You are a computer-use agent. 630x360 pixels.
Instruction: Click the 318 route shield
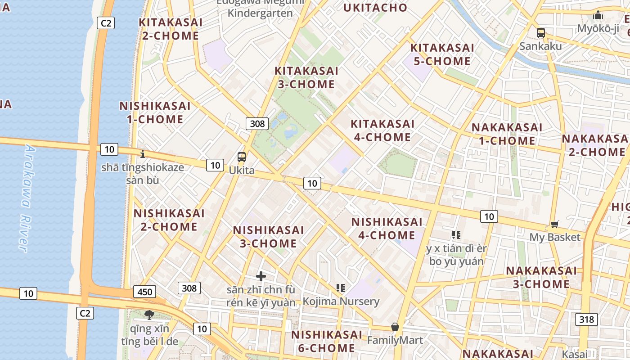[586, 319]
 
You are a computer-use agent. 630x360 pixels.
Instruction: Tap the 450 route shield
[144, 292]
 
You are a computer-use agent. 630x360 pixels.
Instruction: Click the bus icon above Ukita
[242, 157]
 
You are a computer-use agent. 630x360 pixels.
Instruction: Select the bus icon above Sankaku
[541, 32]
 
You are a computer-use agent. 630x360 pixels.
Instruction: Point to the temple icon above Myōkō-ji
[598, 15]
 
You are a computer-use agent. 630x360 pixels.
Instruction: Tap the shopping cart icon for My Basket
[555, 224]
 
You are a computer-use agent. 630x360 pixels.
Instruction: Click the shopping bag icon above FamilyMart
[395, 327]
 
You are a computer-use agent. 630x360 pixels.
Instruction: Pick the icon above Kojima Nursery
[341, 288]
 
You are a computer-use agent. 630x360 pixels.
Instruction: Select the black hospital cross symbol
[261, 276]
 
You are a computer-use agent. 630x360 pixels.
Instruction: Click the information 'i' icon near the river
[143, 154]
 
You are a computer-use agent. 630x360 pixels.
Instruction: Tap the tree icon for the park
[149, 315]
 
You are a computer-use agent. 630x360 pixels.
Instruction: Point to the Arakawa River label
[27, 198]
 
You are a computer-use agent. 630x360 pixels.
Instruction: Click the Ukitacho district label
[375, 8]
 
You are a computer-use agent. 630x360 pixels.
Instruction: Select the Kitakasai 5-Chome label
[442, 54]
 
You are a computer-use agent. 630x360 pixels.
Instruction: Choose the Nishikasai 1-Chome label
[155, 112]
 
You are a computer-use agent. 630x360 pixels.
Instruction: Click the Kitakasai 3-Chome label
[306, 77]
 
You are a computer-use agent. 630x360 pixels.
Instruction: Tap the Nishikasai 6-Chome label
[326, 341]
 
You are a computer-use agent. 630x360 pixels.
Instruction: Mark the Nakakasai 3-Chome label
[541, 277]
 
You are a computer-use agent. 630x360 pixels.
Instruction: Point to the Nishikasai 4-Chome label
[387, 229]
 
